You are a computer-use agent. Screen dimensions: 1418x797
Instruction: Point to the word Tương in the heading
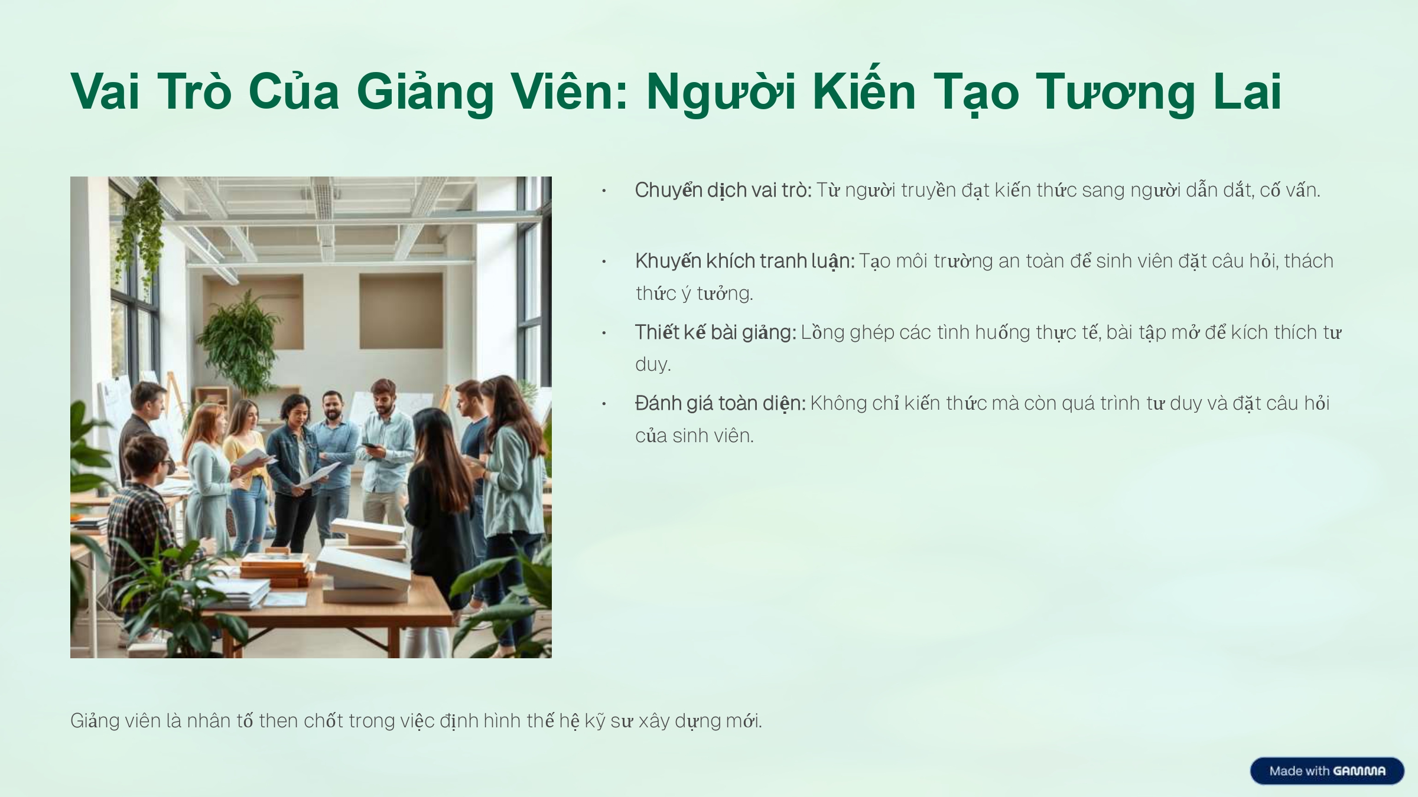click(1115, 93)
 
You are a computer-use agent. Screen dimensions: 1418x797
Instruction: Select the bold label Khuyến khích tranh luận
click(745, 261)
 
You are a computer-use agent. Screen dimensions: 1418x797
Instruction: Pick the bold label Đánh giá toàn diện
click(720, 403)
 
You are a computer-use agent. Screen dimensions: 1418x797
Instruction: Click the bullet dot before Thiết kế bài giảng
click(604, 333)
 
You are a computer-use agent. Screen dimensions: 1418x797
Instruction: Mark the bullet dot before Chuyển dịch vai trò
click(604, 191)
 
